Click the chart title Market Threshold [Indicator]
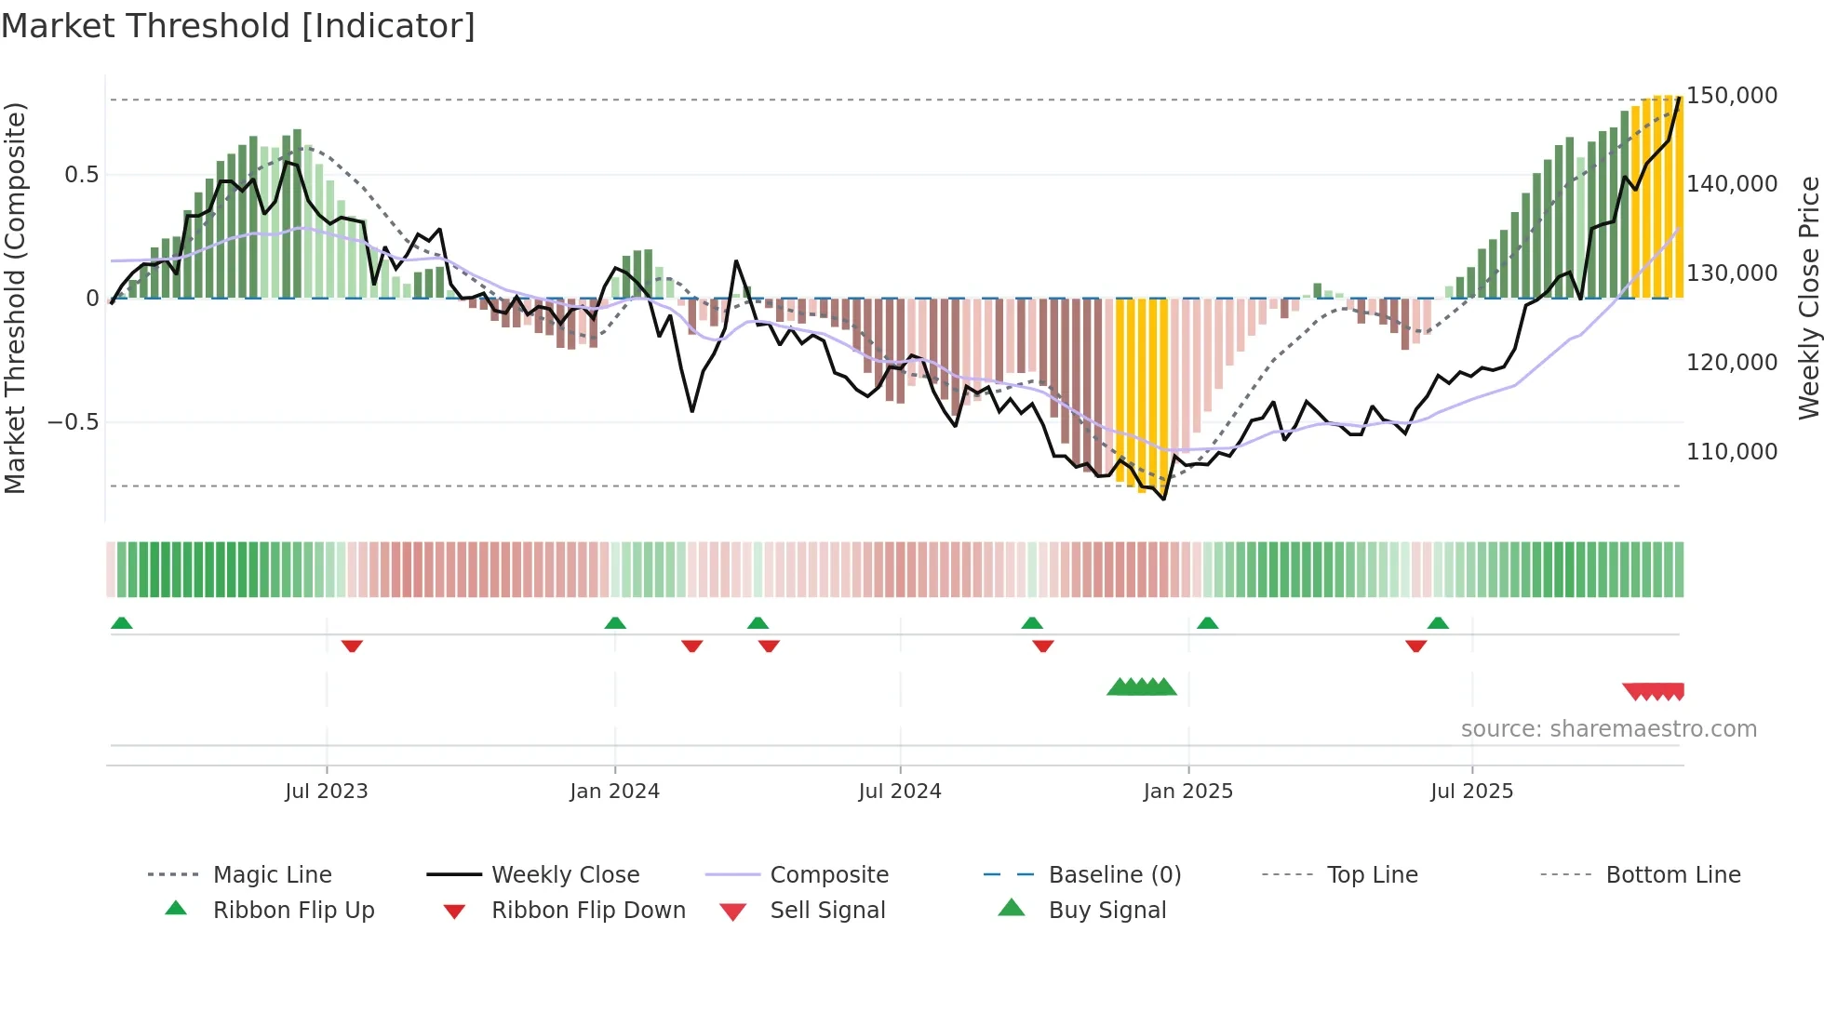click(238, 26)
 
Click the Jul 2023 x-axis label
click(327, 792)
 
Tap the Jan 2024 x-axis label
click(614, 792)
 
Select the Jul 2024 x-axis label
click(900, 792)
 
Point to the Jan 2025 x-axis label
click(1187, 792)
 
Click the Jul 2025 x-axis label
click(1471, 792)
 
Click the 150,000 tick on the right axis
click(1732, 96)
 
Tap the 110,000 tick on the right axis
click(1732, 452)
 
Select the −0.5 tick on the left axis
click(74, 422)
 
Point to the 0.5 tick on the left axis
click(82, 175)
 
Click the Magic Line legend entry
click(272, 875)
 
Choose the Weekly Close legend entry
click(565, 875)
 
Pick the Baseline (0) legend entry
click(1114, 875)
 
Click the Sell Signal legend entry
click(827, 911)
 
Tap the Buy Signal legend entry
click(1106, 911)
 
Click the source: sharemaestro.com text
click(1608, 729)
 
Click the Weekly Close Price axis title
click(1808, 298)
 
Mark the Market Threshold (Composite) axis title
click(15, 298)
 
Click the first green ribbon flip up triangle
click(122, 623)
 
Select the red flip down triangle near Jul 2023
click(352, 646)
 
